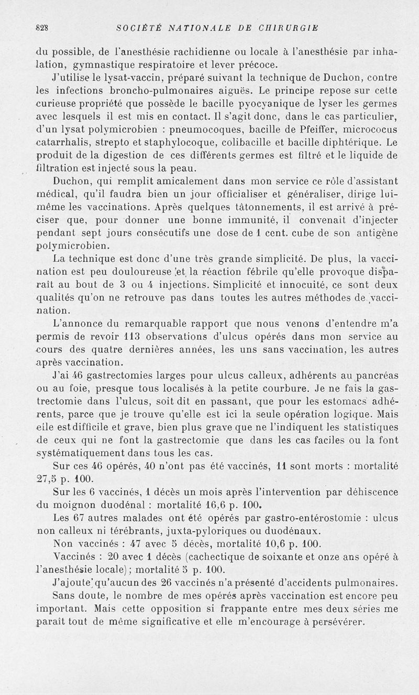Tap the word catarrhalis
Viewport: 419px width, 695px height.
pyautogui.click(x=61, y=142)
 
